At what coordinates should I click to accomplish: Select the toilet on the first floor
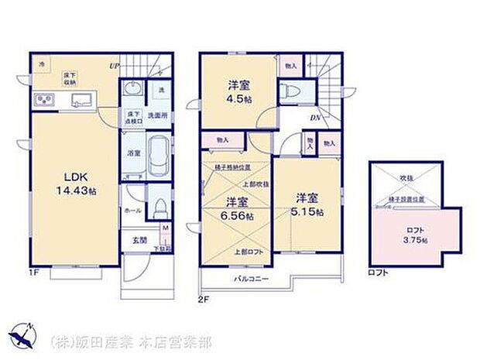(159, 207)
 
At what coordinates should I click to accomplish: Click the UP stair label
(114, 66)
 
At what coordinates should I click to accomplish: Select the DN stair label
(317, 118)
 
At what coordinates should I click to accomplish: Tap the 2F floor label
(204, 298)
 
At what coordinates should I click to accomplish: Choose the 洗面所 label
(159, 115)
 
